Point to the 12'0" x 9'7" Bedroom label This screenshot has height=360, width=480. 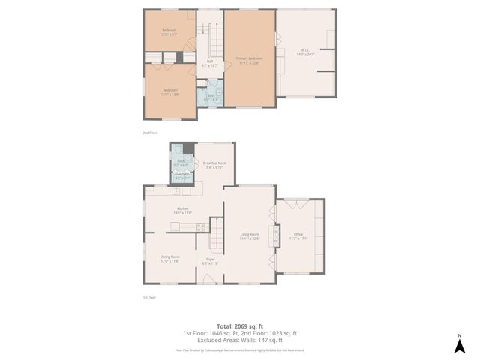pos(169,32)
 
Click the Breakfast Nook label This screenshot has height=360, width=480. pos(214,165)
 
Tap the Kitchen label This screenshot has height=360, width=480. pos(182,211)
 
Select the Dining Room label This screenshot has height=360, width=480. pos(169,259)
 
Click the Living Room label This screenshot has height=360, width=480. pos(250,237)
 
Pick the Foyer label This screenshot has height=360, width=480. pos(210,262)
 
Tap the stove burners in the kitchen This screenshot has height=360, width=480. pos(200,226)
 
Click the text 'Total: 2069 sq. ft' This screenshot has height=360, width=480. pos(240,325)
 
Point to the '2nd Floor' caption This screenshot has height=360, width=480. pos(150,133)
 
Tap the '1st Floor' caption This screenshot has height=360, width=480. pos(150,297)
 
